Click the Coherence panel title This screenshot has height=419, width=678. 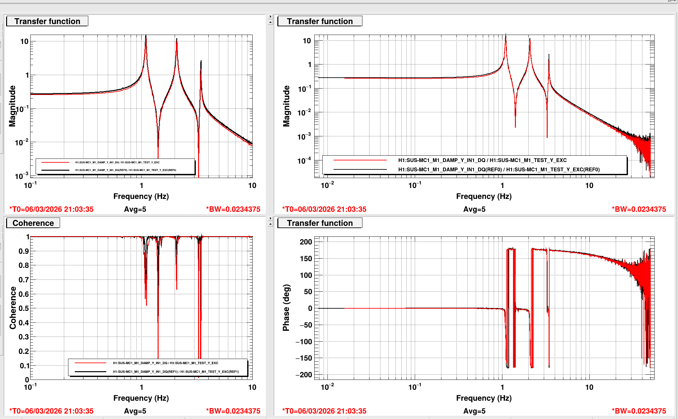tap(33, 223)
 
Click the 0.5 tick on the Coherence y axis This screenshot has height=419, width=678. tap(23, 308)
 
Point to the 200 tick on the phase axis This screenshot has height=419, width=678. tap(306, 242)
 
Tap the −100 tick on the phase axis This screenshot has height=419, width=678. tap(304, 342)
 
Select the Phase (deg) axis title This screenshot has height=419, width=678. tap(286, 307)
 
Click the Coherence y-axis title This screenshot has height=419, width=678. tap(13, 308)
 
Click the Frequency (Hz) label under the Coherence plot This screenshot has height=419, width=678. tap(141, 398)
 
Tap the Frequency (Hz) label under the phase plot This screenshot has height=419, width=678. tap(484, 398)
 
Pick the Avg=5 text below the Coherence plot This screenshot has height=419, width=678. tap(135, 411)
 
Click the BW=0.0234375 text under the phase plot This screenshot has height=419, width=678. tap(639, 411)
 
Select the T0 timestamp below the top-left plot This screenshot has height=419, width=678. tap(51, 209)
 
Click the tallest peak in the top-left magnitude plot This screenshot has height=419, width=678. tap(146, 37)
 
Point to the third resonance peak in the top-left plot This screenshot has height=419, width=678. tap(201, 62)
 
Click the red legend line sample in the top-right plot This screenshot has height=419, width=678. tap(360, 160)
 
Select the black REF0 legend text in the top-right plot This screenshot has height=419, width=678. tap(499, 169)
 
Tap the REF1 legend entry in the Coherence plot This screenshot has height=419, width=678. tap(176, 372)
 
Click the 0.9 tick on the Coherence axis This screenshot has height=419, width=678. tap(23, 251)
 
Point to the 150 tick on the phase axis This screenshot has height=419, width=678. tap(306, 259)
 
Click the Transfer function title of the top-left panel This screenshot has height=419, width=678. tap(47, 21)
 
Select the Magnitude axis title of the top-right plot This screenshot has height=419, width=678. tap(286, 106)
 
